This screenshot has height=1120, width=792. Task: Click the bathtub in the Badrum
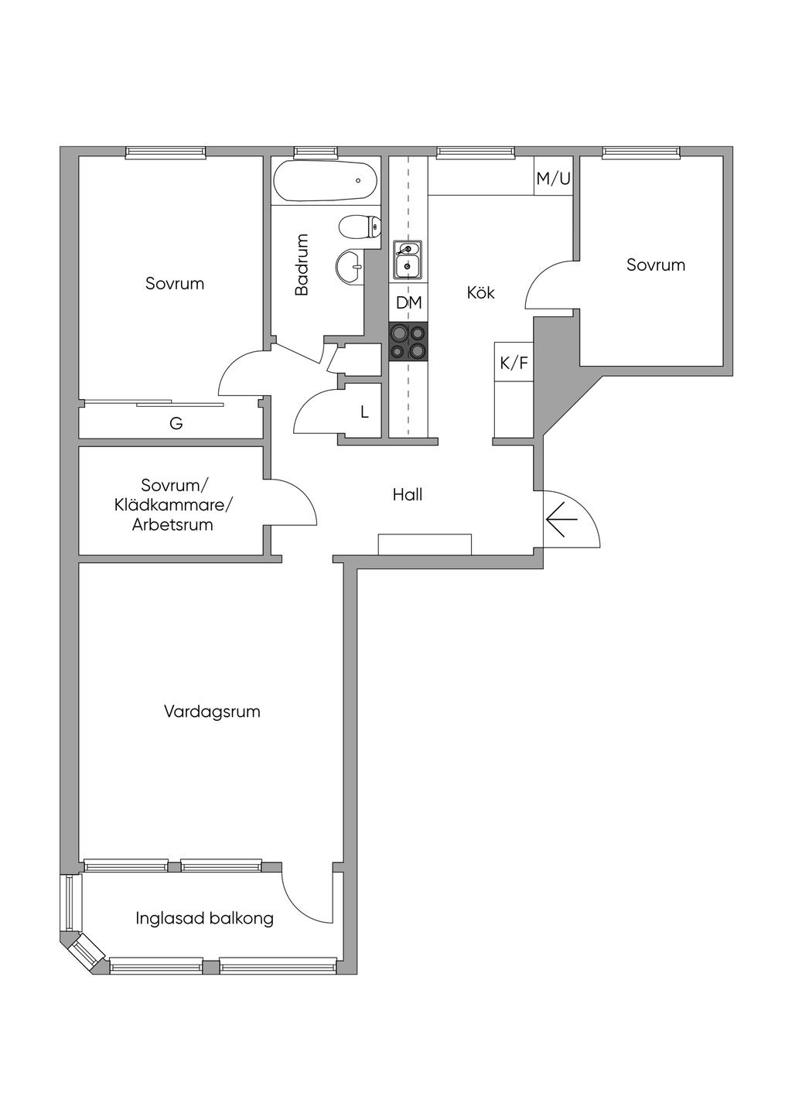pyautogui.click(x=325, y=180)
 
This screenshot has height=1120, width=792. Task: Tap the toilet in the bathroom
pyautogui.click(x=360, y=227)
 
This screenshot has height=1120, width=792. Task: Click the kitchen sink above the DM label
pyautogui.click(x=408, y=260)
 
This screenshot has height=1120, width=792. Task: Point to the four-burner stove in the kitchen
pyautogui.click(x=408, y=342)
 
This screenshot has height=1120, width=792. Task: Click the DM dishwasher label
pyautogui.click(x=408, y=303)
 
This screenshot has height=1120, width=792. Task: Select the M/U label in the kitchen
pyautogui.click(x=553, y=179)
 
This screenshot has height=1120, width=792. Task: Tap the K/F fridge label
pyautogui.click(x=514, y=363)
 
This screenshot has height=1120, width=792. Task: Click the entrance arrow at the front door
pyautogui.click(x=562, y=519)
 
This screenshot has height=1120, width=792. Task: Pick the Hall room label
pyautogui.click(x=407, y=495)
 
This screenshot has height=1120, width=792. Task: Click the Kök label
pyautogui.click(x=480, y=293)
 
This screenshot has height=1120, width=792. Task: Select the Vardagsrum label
pyautogui.click(x=212, y=712)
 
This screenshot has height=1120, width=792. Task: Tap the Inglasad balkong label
pyautogui.click(x=204, y=919)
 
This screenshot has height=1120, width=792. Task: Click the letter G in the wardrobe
pyautogui.click(x=176, y=424)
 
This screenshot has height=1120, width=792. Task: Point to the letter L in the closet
pyautogui.click(x=364, y=412)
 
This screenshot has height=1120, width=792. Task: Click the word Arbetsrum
pyautogui.click(x=172, y=525)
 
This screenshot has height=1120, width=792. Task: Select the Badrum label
pyautogui.click(x=302, y=265)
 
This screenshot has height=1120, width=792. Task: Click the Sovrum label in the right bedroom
pyautogui.click(x=655, y=265)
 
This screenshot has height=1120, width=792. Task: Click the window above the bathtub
pyautogui.click(x=316, y=152)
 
